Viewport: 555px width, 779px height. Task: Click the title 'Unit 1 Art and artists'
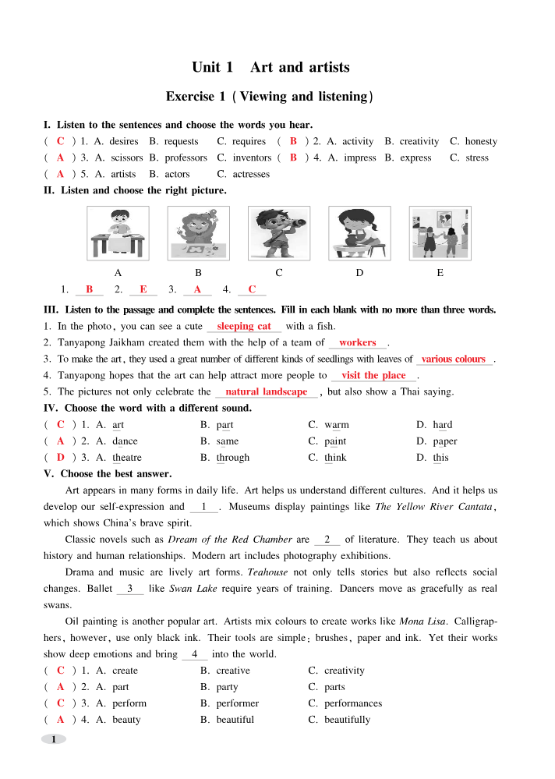coord(270,68)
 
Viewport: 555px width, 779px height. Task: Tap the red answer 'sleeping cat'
coord(244,327)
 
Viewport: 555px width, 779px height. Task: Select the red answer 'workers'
coord(358,343)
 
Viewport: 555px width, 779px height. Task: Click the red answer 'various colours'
coord(454,359)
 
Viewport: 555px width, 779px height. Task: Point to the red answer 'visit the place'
coord(373,376)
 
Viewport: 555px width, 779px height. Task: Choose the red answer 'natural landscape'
coord(266,392)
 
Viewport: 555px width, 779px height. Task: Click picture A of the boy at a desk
coord(118,232)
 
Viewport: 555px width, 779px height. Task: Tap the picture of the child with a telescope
coord(278,232)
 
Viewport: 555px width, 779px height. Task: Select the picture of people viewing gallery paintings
coord(440,232)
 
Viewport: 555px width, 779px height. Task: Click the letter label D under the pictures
coord(359,273)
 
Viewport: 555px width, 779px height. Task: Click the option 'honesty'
coord(481,142)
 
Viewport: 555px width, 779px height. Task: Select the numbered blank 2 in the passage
coord(327,540)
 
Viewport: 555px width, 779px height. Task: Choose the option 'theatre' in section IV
coord(127,458)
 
